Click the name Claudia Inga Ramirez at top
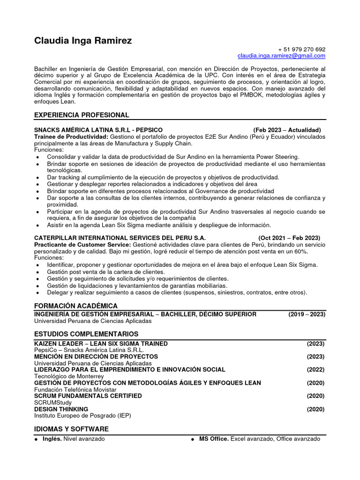[83, 41]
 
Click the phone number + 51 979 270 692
[301, 49]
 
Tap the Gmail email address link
[281, 56]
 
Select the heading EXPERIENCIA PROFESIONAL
[82, 115]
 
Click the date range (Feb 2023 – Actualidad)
[287, 130]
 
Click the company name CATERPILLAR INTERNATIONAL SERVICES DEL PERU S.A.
[120, 238]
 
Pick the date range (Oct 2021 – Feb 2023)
[289, 238]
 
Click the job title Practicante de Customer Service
[82, 245]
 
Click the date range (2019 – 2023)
[307, 314]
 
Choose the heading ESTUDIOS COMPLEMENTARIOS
[86, 334]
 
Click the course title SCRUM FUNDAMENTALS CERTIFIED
[88, 396]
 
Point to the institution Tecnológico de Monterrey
[69, 376]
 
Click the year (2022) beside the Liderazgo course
[315, 369]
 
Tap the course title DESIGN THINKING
[61, 409]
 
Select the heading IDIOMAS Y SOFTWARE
[72, 429]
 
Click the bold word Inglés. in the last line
[52, 439]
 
